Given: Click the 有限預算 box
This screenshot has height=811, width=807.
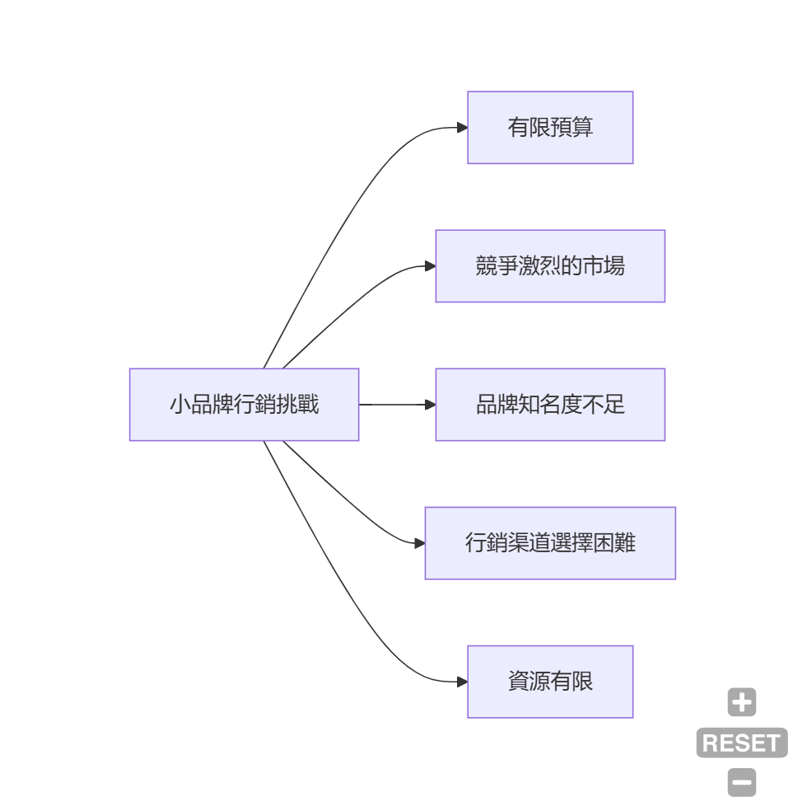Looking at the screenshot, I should [550, 128].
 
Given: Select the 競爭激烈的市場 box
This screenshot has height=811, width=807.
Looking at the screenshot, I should [550, 266].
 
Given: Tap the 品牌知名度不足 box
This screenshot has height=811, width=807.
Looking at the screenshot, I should [550, 405].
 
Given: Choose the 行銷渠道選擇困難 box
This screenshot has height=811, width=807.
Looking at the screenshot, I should [550, 543].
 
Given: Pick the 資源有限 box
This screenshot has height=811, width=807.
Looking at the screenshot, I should [550, 682].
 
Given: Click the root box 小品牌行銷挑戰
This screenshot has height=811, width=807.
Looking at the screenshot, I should [244, 405].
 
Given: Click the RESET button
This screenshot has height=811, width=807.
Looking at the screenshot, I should [741, 743].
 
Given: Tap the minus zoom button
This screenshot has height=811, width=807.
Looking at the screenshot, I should [741, 782].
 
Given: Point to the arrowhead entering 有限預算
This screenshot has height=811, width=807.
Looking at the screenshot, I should [462, 128].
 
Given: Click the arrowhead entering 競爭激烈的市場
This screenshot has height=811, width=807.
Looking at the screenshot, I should [430, 266].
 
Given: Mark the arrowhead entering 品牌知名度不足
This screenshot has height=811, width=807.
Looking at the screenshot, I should [430, 405].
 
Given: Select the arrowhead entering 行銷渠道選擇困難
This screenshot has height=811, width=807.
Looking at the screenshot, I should [419, 543].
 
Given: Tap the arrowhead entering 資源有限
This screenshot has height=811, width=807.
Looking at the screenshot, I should [462, 682].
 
